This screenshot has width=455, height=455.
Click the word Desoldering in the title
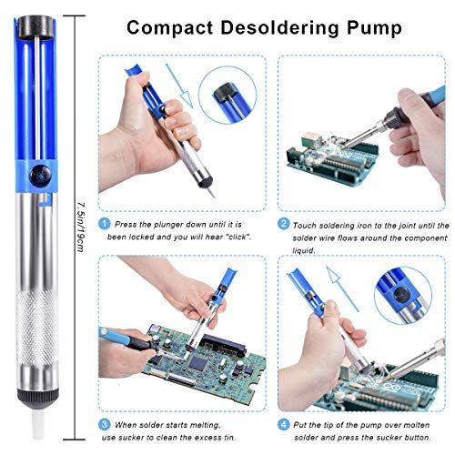click(279, 28)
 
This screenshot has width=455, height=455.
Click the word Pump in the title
click(374, 29)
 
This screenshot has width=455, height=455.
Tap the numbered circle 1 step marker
click(104, 224)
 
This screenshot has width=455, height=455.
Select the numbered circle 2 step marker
click(283, 224)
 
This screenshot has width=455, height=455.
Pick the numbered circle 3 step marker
click(104, 424)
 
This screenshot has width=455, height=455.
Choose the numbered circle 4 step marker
click(283, 424)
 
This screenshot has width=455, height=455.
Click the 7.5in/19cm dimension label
click(80, 227)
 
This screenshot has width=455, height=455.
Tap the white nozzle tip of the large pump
click(38, 424)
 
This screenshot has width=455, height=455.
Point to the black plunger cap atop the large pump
click(35, 26)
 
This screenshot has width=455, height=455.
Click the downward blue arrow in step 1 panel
click(179, 86)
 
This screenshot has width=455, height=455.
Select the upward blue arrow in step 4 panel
click(342, 288)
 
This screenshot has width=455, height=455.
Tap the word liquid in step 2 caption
click(304, 251)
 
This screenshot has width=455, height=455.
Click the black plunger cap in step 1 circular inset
click(225, 92)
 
